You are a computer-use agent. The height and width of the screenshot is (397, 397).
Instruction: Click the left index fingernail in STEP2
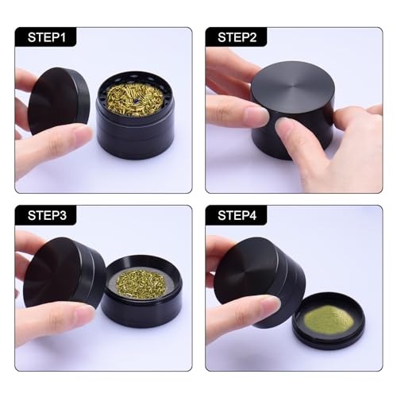click(256, 116)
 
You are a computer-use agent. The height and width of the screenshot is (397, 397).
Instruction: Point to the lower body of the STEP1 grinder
click(135, 143)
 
